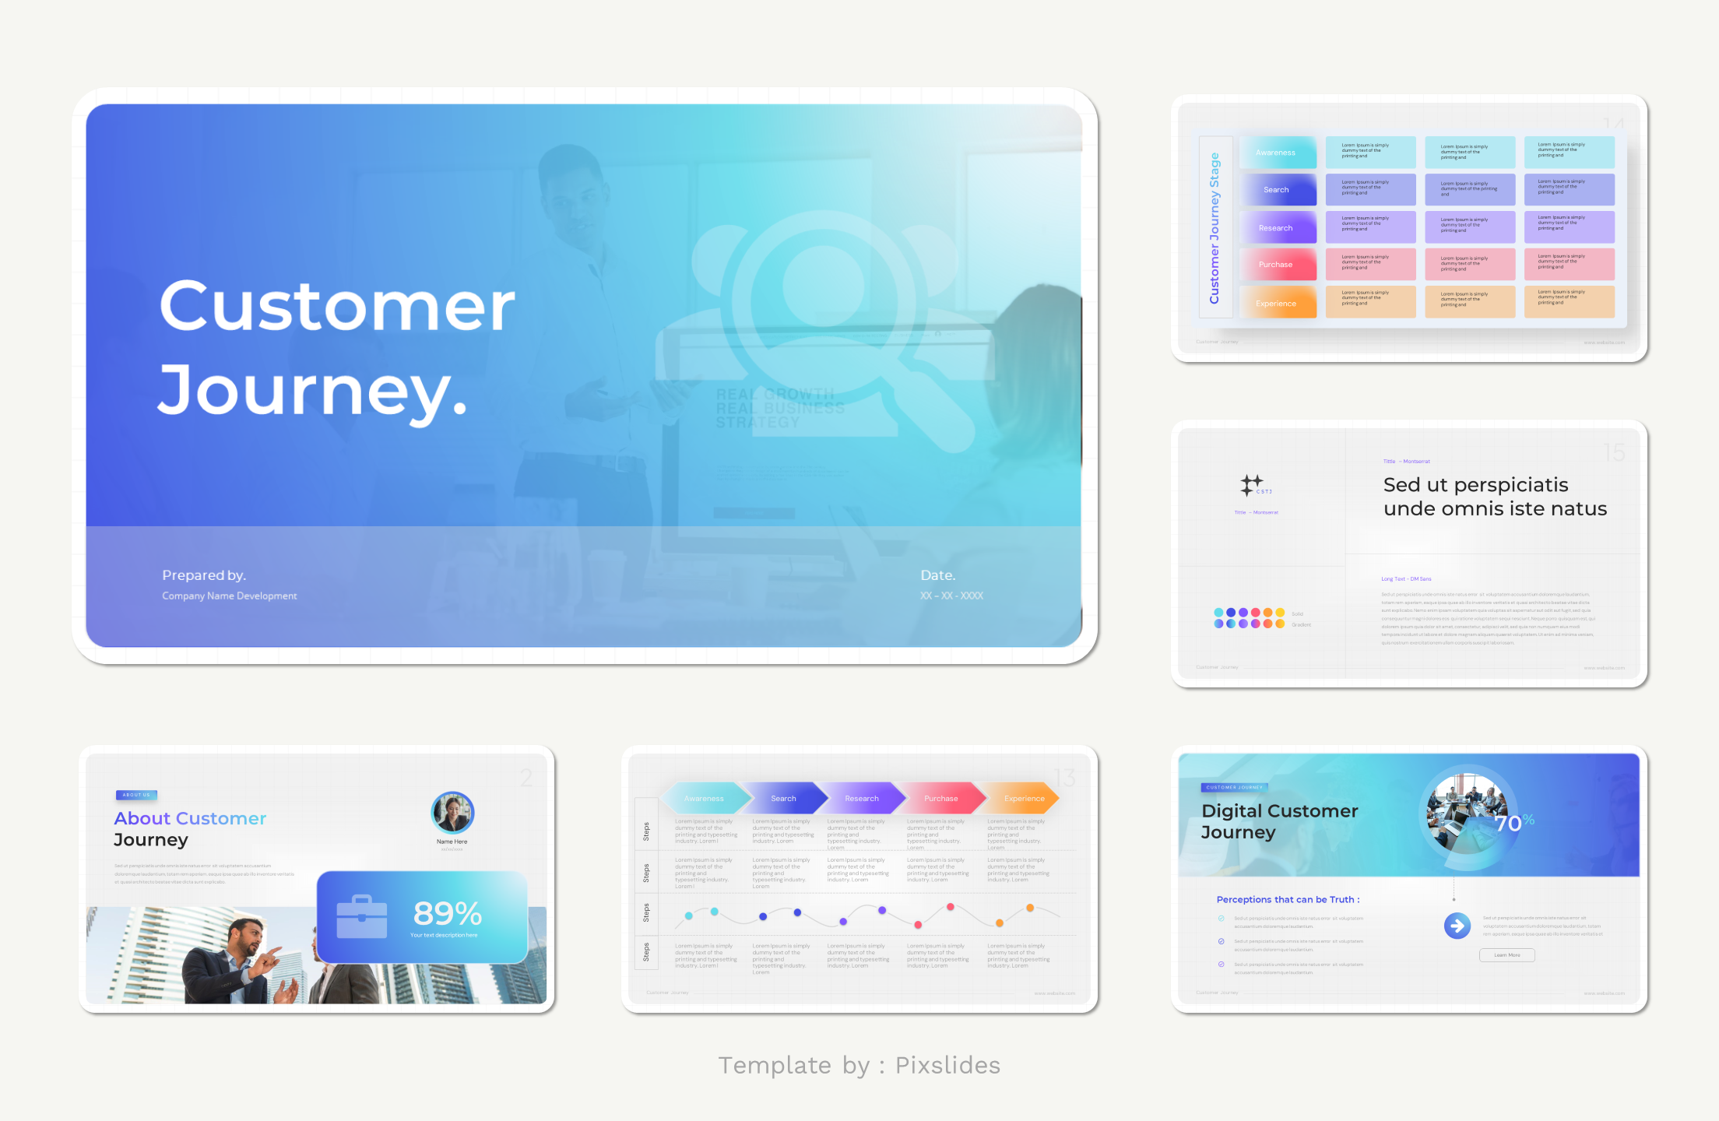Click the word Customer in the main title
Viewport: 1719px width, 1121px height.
pos(337,307)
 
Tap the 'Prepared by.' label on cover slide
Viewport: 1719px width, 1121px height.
pos(204,575)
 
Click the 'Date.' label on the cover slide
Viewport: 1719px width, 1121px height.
pos(937,575)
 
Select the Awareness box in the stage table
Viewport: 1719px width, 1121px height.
pos(1277,153)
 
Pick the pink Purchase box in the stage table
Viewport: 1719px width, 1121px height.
pos(1277,265)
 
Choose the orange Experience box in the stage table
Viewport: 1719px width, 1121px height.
pos(1277,303)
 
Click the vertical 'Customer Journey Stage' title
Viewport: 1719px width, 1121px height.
pos(1215,228)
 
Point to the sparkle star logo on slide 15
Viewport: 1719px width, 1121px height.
pos(1251,485)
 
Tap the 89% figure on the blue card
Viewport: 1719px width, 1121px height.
pos(448,913)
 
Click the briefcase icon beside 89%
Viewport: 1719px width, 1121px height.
pos(362,917)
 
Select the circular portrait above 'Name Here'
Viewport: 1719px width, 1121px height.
pos(452,813)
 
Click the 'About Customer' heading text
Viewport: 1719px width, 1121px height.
pos(190,819)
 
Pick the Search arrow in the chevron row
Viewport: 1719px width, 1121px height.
pos(783,799)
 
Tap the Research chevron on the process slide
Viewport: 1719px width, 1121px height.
pos(862,799)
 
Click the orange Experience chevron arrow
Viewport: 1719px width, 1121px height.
pos(1024,799)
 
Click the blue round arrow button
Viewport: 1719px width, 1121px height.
pos(1457,926)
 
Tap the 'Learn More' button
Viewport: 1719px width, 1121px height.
pos(1506,955)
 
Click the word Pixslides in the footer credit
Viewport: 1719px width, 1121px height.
pos(947,1065)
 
